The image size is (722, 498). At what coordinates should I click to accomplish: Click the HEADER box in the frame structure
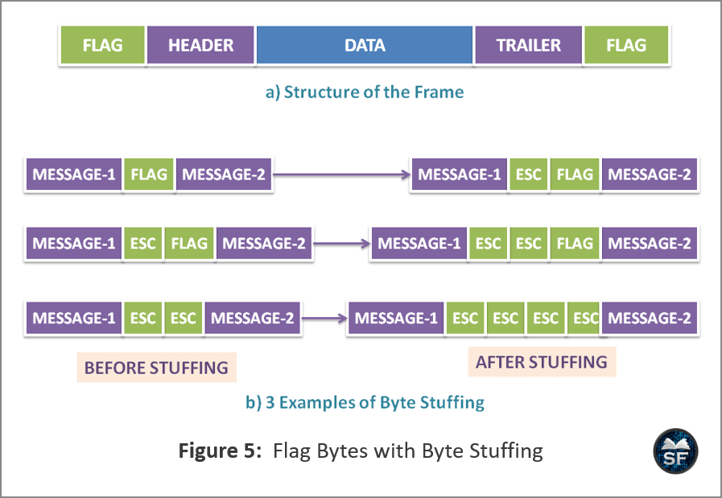200,45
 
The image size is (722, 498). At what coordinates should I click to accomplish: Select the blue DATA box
365,45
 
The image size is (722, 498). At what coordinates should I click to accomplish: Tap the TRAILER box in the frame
528,45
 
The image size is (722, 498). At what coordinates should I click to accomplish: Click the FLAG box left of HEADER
103,45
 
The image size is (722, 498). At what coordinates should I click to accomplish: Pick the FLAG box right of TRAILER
626,45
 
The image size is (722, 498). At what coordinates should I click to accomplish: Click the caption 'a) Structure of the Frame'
365,92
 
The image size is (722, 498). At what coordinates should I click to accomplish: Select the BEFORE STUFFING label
157,368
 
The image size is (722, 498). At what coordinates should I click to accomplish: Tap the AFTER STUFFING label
542,362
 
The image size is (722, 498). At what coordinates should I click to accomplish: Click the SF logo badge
675,451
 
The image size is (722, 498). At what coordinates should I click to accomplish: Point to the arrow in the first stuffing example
341,175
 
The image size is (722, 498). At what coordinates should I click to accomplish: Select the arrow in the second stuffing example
341,244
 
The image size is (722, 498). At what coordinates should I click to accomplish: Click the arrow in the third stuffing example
324,318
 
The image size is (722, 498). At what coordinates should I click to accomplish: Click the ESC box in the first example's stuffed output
528,175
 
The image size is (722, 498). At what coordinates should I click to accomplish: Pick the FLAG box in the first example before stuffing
149,175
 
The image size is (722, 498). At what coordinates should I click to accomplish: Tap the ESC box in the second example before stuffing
142,244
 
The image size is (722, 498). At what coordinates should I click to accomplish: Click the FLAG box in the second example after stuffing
575,244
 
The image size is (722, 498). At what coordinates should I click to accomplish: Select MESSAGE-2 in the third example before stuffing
252,318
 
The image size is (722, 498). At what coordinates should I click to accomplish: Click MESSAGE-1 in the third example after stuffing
396,318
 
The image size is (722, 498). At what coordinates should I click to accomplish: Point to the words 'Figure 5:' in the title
220,451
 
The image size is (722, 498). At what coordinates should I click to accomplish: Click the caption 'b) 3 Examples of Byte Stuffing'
365,402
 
